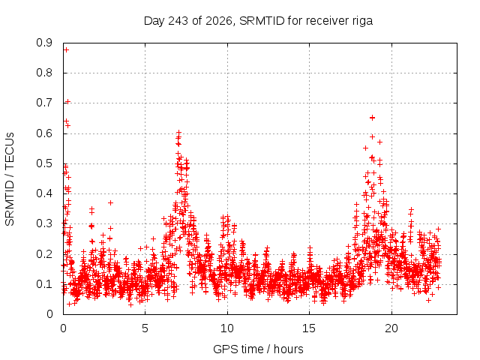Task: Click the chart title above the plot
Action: [x=258, y=21]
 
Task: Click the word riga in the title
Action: [x=361, y=22]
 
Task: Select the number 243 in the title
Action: [x=178, y=21]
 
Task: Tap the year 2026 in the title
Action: [x=219, y=21]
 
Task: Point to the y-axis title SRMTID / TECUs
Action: [x=10, y=179]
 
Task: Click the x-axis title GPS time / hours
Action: [x=258, y=349]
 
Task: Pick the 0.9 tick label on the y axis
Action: [x=44, y=43]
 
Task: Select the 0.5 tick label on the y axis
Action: [x=44, y=163]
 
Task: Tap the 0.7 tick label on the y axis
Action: [x=44, y=103]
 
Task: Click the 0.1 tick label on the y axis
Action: [x=44, y=284]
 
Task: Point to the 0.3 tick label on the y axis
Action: [x=44, y=223]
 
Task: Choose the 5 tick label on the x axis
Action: [x=145, y=328]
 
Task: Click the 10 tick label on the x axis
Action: [x=227, y=328]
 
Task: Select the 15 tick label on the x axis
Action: [x=309, y=328]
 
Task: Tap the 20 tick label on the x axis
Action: [x=391, y=328]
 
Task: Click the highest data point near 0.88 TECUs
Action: [x=66, y=50]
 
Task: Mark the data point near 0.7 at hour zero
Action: [x=68, y=102]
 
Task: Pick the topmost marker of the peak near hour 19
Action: [x=372, y=118]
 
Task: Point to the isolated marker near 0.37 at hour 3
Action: [x=110, y=202]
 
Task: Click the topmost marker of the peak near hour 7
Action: [x=178, y=133]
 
